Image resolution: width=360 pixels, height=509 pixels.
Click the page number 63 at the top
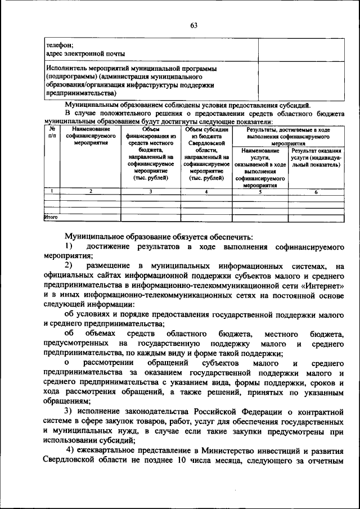[x=194, y=25]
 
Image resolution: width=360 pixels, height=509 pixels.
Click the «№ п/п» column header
[x=52, y=132]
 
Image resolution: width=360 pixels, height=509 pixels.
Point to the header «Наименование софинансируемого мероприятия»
[x=90, y=136]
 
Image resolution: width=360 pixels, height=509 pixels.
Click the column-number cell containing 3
[x=151, y=192]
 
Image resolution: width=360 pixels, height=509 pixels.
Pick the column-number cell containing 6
[x=316, y=192]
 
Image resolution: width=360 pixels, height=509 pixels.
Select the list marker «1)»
[x=68, y=247]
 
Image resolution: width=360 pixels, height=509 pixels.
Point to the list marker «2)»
[x=68, y=265]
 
